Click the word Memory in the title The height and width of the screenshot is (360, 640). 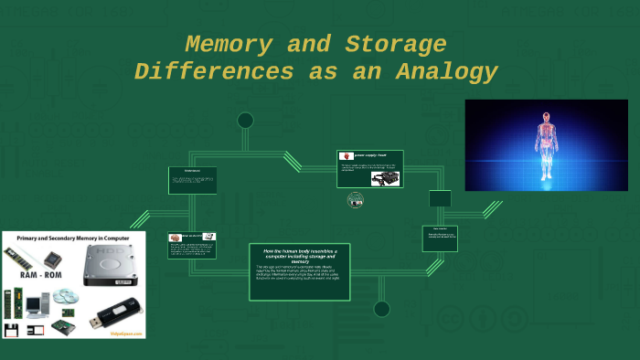(x=227, y=44)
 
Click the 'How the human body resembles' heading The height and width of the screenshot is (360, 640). (x=299, y=254)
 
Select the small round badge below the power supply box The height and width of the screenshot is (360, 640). (x=355, y=200)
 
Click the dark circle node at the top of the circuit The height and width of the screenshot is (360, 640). (x=245, y=121)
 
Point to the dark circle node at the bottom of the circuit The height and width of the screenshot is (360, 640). (x=381, y=309)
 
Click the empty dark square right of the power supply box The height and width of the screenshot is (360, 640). (x=440, y=198)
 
